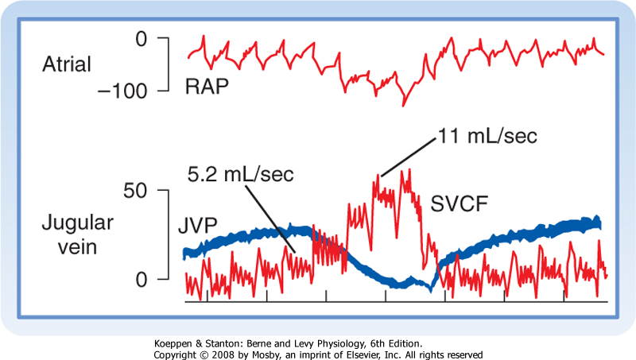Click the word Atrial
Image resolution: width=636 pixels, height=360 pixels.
pos(67,64)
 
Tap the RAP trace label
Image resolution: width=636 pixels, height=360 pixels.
pos(207,87)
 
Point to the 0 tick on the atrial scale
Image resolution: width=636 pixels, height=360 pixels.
pos(142,39)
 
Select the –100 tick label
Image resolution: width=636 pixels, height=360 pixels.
pos(122,91)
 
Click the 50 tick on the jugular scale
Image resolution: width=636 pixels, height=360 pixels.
pos(135,191)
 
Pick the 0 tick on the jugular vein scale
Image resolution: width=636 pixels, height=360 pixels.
pos(142,279)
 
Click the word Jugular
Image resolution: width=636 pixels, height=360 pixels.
pos(77,223)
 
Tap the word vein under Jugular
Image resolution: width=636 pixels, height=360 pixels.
pos(77,247)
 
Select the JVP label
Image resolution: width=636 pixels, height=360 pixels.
pos(198,226)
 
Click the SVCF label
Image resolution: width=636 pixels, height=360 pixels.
pos(459,204)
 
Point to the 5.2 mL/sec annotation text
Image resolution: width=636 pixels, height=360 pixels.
pos(241,174)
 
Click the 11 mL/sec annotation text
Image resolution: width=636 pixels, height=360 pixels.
pos(487,136)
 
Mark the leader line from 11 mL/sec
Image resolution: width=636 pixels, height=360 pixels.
pos(409,157)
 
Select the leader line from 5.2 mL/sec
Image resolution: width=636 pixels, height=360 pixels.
pos(270,218)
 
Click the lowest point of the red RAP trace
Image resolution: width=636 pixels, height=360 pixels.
pos(403,106)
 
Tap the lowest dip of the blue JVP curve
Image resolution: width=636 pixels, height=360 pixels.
pos(431,289)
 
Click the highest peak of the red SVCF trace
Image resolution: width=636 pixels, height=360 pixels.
pos(409,169)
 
